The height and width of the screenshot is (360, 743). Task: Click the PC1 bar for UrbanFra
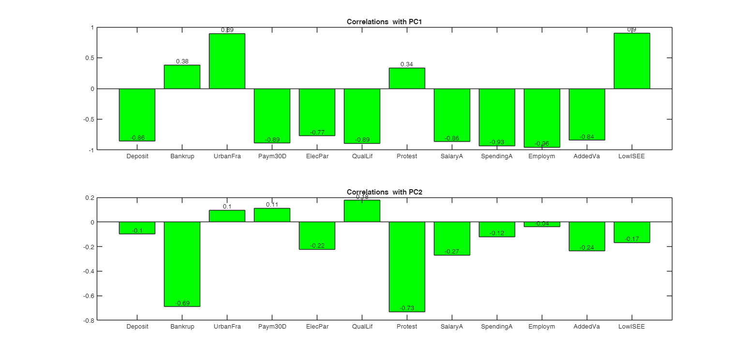[x=227, y=61]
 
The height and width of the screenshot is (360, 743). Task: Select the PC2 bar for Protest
[x=407, y=267]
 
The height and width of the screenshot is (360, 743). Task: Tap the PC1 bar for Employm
[x=542, y=118]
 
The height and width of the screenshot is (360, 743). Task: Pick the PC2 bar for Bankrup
[x=182, y=264]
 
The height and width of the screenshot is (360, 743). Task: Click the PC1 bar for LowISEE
[x=632, y=61]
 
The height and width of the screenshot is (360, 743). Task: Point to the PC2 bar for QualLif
[x=362, y=211]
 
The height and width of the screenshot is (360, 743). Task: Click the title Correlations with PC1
[x=385, y=22]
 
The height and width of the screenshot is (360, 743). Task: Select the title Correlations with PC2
[x=385, y=192]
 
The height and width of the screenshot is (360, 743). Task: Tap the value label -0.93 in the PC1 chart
[x=497, y=142]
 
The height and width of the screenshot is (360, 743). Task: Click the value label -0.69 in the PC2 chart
[x=182, y=303]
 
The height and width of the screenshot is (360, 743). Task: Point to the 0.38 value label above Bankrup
[x=182, y=61]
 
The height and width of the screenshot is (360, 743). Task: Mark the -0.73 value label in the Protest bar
[x=407, y=308]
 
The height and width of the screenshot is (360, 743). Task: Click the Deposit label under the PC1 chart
[x=137, y=156]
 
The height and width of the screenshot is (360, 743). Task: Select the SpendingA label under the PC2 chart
[x=497, y=327]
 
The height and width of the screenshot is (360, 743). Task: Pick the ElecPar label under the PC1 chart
[x=317, y=156]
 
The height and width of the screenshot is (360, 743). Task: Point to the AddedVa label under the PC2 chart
[x=587, y=327]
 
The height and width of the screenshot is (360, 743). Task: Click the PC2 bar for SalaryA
[x=452, y=239]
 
